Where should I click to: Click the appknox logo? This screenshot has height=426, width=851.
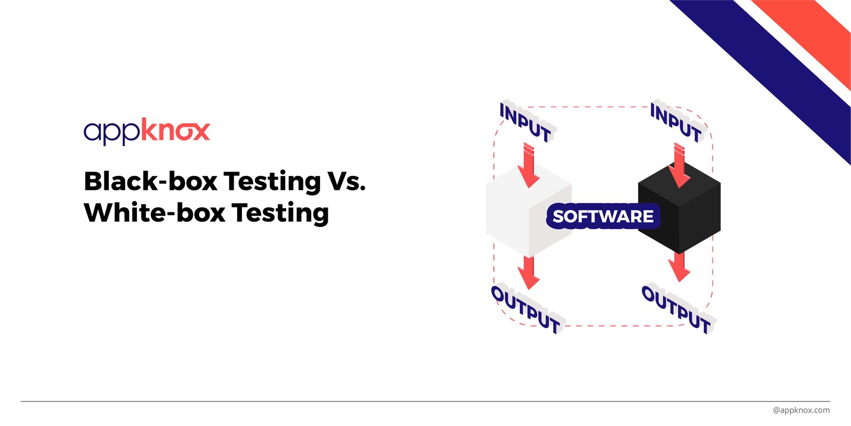pyautogui.click(x=146, y=132)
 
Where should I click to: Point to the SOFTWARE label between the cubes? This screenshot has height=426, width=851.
pyautogui.click(x=603, y=216)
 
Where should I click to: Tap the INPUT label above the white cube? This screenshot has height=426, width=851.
pyautogui.click(x=526, y=121)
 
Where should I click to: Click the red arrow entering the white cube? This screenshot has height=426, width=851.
pyautogui.click(x=529, y=165)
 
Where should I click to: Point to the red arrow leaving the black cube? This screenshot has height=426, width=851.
pyautogui.click(x=679, y=267)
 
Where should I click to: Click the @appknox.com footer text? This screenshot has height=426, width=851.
pyautogui.click(x=801, y=410)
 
